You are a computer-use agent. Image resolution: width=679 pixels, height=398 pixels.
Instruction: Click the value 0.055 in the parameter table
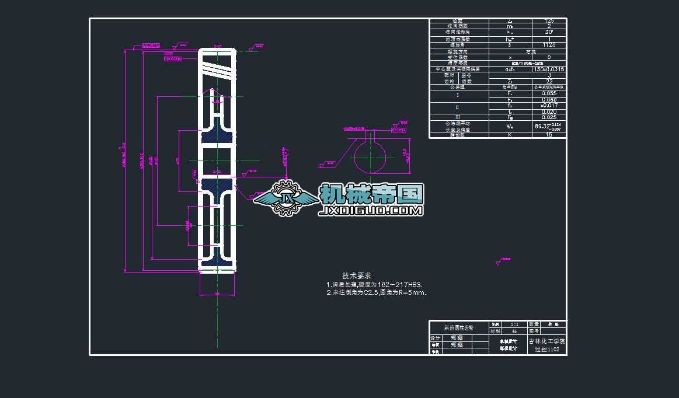click(x=549, y=93)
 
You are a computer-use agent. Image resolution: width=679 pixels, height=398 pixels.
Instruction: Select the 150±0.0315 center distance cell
click(x=549, y=69)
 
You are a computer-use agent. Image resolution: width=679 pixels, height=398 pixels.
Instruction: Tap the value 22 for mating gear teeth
click(x=549, y=81)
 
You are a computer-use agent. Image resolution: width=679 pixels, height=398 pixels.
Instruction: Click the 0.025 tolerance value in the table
click(x=549, y=117)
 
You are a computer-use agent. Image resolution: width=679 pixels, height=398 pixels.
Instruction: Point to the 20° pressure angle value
click(x=549, y=32)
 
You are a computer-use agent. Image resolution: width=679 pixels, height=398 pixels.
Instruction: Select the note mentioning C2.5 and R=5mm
click(x=377, y=292)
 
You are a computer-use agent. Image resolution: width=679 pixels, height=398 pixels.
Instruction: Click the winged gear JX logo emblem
click(x=286, y=199)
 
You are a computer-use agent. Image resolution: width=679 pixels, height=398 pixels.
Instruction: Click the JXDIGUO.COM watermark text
click(x=371, y=211)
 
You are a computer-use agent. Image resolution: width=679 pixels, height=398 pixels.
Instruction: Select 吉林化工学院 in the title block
click(x=547, y=341)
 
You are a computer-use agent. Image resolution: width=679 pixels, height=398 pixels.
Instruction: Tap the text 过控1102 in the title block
click(x=547, y=350)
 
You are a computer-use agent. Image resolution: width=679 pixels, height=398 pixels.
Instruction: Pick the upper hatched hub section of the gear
click(x=218, y=138)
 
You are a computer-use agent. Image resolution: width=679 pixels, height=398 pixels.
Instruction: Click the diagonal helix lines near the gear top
click(x=218, y=71)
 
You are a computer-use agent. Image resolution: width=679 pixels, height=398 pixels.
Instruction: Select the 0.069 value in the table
click(x=549, y=100)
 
